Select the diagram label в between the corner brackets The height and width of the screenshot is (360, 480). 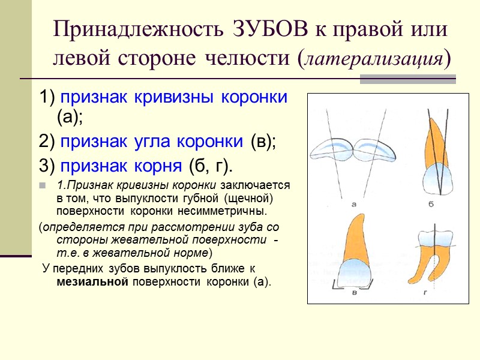pos(355,293)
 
